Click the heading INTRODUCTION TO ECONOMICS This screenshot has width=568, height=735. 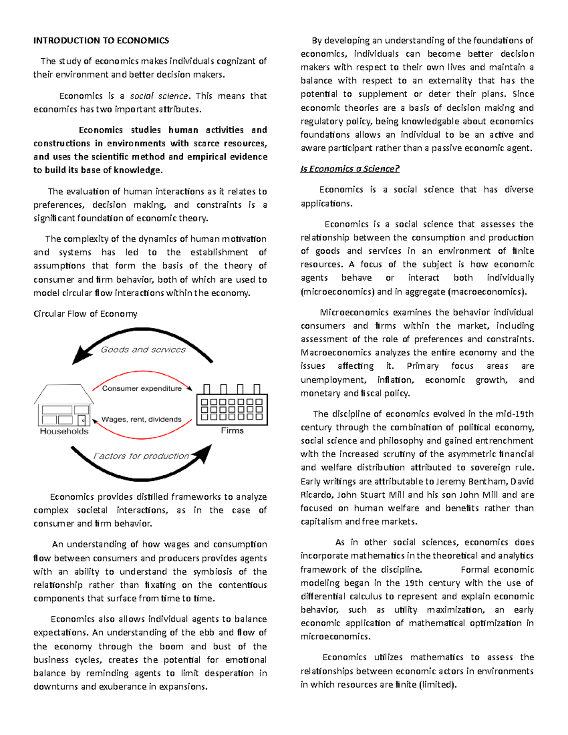101,41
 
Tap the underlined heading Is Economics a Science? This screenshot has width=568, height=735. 350,169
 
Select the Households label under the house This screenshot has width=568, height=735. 64,431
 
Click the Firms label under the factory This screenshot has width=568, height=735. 232,430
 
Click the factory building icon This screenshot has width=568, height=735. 232,405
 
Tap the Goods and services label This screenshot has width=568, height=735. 143,350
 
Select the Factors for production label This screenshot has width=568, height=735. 141,456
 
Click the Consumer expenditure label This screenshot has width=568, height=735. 142,389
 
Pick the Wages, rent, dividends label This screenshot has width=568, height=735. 141,419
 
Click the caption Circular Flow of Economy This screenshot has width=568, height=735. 85,314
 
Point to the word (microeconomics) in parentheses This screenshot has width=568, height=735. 337,292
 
